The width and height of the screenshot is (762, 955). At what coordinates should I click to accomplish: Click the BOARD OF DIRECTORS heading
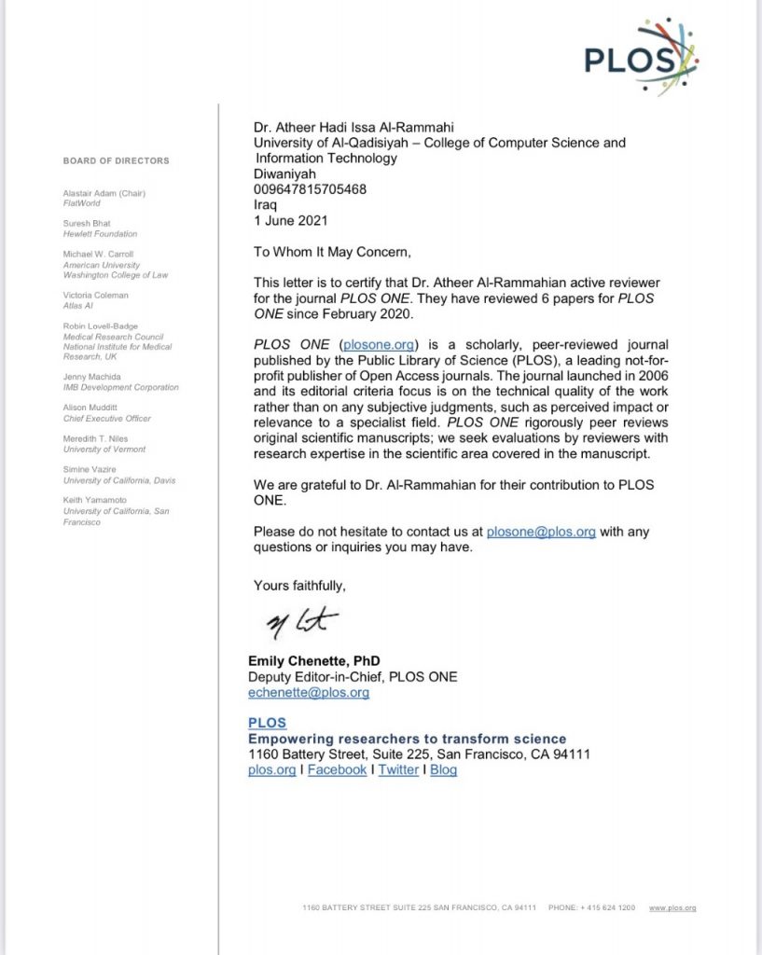point(117,160)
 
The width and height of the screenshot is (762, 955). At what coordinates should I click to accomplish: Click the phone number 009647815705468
point(310,189)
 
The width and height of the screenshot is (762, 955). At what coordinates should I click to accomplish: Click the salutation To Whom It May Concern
point(331,251)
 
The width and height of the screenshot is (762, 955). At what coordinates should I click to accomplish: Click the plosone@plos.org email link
point(541,532)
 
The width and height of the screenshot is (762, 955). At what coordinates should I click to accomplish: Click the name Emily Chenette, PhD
point(313,661)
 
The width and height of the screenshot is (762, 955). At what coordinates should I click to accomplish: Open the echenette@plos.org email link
point(309,693)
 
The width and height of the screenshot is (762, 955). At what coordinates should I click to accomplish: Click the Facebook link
point(337,769)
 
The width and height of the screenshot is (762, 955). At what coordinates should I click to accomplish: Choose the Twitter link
point(398,769)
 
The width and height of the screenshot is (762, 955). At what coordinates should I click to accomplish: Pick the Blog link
point(443,769)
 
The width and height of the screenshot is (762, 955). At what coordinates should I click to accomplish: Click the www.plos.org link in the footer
point(672,907)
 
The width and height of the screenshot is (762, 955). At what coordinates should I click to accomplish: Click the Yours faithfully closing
point(299,585)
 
